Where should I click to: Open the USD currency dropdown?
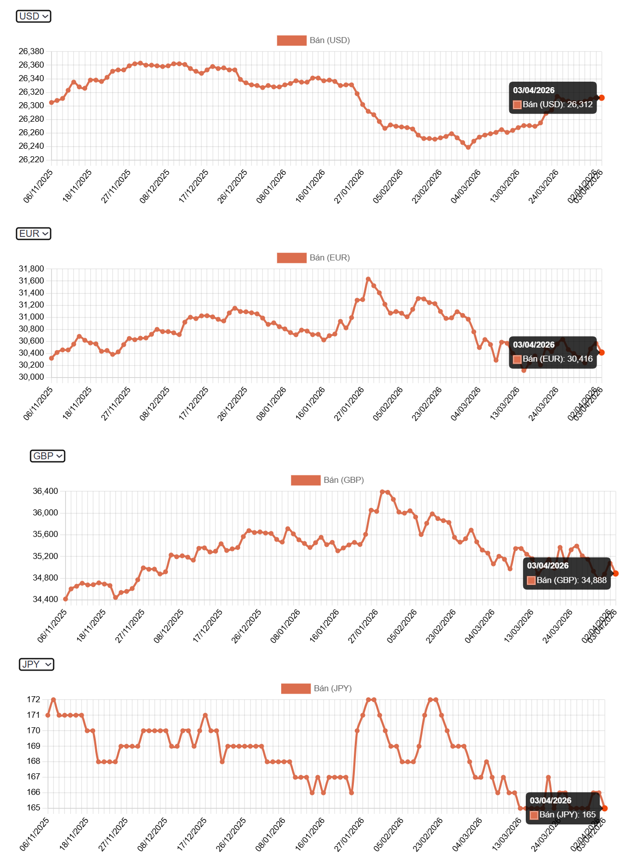(34, 17)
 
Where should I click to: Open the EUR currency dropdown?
(34, 234)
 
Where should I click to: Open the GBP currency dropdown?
(48, 456)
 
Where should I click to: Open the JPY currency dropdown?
(37, 665)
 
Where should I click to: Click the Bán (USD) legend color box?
(291, 41)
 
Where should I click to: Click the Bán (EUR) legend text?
(329, 258)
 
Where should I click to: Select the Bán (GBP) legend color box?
(305, 480)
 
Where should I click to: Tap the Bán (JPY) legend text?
(332, 689)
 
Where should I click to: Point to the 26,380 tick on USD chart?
(31, 52)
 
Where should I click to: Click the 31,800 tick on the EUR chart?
(31, 269)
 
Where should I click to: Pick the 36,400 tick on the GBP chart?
(45, 491)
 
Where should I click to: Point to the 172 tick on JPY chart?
(34, 700)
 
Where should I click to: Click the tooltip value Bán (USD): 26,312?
(557, 105)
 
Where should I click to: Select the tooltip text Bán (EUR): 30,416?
(557, 359)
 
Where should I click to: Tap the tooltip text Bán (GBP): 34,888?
(571, 581)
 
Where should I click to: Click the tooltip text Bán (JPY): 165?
(567, 815)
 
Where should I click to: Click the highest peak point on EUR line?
(368, 279)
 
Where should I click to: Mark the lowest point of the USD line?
(468, 147)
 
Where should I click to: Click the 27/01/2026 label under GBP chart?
(363, 627)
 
